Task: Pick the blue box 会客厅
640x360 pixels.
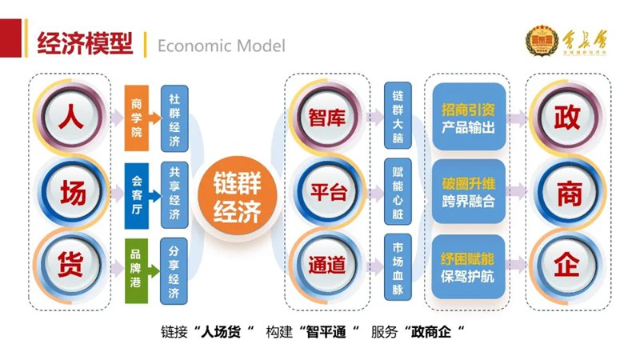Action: (137, 192)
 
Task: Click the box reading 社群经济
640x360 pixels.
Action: (174, 120)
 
